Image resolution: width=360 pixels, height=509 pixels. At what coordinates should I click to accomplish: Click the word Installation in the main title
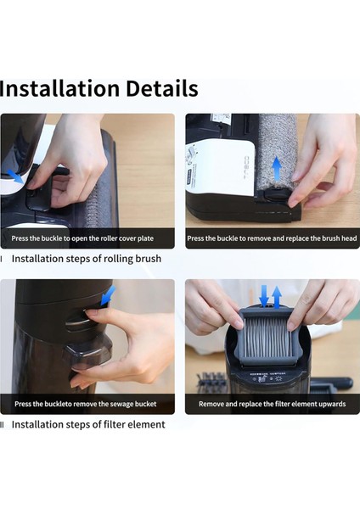[59, 88]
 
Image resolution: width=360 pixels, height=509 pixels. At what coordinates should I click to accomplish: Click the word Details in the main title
[162, 88]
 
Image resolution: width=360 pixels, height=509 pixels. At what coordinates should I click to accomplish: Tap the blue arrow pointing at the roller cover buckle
[15, 176]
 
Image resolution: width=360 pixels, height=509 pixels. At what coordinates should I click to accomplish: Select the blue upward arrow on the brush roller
[276, 167]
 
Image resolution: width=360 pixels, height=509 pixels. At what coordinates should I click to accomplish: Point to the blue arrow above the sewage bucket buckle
[108, 295]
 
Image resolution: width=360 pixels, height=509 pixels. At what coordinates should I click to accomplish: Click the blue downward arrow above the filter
[264, 296]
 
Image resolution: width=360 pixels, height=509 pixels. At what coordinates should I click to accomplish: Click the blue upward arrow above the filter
[277, 297]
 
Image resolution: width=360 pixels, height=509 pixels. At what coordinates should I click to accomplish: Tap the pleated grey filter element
[266, 338]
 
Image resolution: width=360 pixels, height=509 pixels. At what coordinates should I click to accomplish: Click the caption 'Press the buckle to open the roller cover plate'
[82, 238]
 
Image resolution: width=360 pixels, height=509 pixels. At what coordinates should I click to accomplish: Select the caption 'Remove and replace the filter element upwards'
[272, 404]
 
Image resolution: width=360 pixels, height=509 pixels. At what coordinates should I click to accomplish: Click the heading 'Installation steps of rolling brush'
[87, 259]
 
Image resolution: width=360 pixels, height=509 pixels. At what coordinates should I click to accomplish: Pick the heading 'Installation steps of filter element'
[88, 424]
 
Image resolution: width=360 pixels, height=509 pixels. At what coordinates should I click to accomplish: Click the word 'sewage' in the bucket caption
[121, 404]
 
